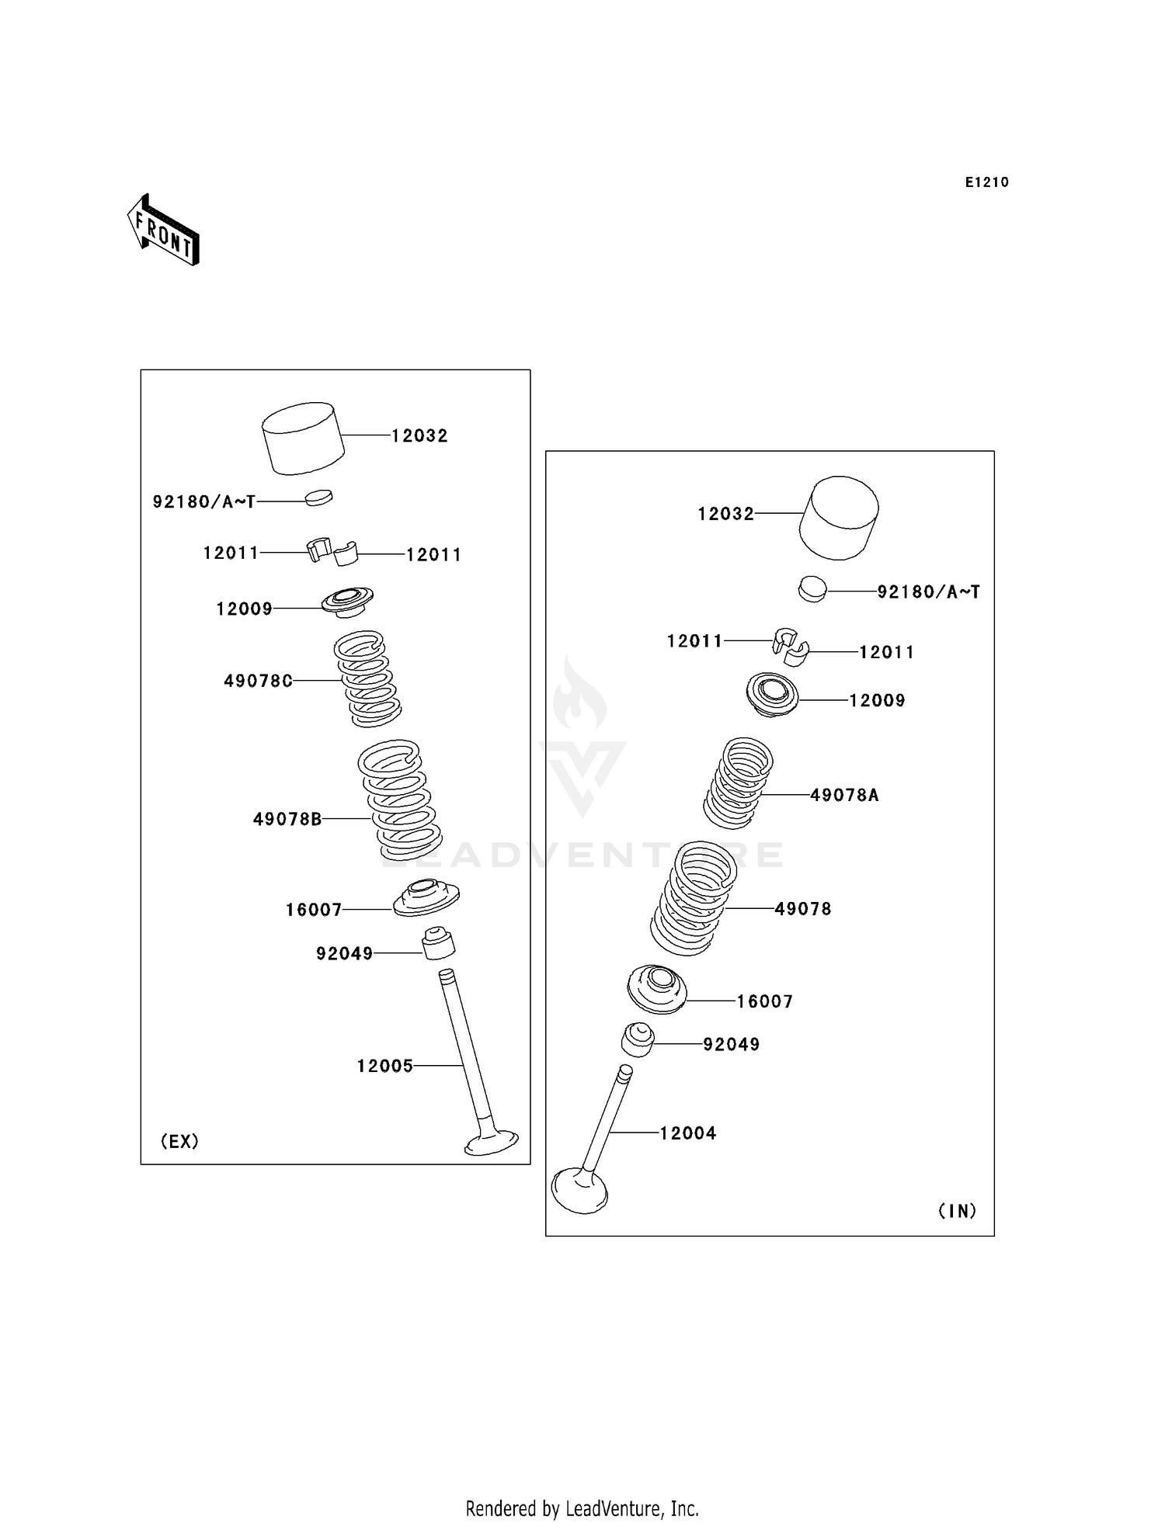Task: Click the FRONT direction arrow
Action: tap(163, 231)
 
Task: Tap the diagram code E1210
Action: tap(987, 182)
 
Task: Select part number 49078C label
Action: tap(259, 681)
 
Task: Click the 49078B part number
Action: tap(287, 819)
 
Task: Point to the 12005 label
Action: tap(385, 1066)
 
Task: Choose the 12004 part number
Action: tap(688, 1133)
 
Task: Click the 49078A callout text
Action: tap(845, 795)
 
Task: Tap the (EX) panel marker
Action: tap(179, 1141)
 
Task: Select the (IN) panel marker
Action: tap(958, 1211)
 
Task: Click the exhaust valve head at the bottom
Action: tap(492, 1143)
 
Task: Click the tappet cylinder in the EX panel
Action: tap(304, 439)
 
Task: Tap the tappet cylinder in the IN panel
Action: tap(840, 518)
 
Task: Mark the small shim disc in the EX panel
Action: tap(318, 498)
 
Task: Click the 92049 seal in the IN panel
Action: tap(638, 1040)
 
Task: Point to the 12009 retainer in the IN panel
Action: tap(772, 695)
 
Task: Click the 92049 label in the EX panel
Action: tap(345, 953)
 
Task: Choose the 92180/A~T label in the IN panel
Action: tap(929, 592)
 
